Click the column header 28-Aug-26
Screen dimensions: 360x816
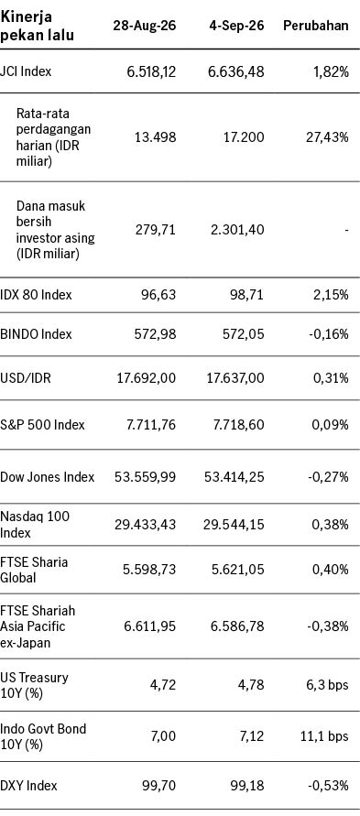tap(144, 26)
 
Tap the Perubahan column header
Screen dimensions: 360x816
tap(316, 26)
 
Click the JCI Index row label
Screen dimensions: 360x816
tap(26, 71)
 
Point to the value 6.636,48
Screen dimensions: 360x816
tap(236, 71)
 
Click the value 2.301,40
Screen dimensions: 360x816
tap(236, 229)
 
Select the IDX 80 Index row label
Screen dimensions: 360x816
tap(37, 295)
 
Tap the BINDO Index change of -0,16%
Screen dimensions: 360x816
tap(328, 334)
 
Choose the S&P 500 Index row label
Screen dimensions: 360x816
tap(43, 425)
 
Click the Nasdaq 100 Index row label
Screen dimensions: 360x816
tap(35, 525)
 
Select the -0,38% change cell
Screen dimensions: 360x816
tap(328, 626)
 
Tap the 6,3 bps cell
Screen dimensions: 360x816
tap(329, 685)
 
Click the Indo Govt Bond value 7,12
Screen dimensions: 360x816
tap(252, 736)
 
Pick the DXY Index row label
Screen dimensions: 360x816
tap(29, 785)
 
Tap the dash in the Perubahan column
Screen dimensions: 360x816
tap(346, 230)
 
